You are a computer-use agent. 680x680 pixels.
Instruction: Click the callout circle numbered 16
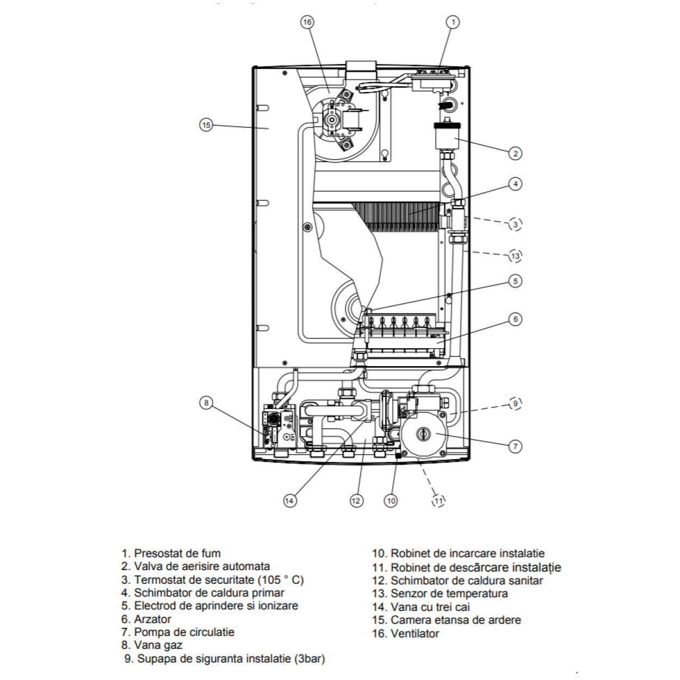307,22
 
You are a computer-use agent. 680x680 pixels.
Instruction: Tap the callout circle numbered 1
453,22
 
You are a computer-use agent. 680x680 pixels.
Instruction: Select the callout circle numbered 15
206,125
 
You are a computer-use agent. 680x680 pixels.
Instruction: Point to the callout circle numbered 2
515,153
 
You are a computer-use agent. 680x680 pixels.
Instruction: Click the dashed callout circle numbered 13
515,256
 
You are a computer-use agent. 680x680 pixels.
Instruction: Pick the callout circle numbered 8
206,403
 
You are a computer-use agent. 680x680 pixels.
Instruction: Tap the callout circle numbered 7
515,447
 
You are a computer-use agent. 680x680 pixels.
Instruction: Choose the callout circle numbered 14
289,500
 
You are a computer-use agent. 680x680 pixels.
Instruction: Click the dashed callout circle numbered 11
438,500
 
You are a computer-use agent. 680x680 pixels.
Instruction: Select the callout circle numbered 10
391,500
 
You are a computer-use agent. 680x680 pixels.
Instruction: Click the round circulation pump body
422,435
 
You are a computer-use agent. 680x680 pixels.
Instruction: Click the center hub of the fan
331,120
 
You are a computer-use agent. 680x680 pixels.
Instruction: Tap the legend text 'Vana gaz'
158,645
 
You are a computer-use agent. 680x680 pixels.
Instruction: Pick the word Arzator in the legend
153,619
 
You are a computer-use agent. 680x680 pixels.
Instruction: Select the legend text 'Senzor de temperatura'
449,594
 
